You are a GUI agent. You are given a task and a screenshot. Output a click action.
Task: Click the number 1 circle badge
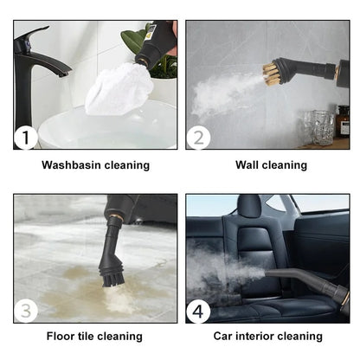pyautogui.click(x=28, y=137)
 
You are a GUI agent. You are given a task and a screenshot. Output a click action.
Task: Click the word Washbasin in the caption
pyautogui.click(x=73, y=164)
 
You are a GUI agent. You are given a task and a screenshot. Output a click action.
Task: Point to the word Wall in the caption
pyautogui.click(x=249, y=164)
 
